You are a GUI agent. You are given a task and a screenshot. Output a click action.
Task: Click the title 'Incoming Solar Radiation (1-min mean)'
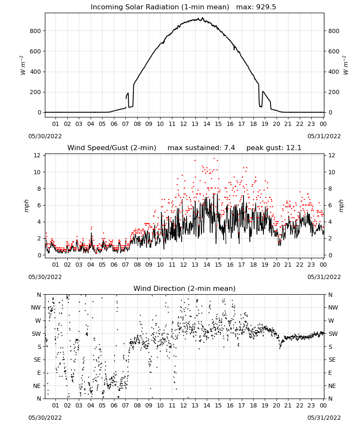pyautogui.click(x=160, y=7)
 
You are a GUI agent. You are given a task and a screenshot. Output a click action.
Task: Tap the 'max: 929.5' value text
pyautogui.click(x=256, y=7)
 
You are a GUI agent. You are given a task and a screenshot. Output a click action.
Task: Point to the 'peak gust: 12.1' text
pyautogui.click(x=274, y=148)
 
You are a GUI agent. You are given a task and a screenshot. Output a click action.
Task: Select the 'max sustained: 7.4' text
pyautogui.click(x=201, y=148)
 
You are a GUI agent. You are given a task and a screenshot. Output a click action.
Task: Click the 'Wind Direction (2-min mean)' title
pyautogui.click(x=185, y=288)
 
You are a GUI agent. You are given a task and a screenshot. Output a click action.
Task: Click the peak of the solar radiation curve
pyautogui.click(x=202, y=18)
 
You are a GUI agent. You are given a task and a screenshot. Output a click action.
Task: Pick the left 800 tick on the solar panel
pyautogui.click(x=36, y=31)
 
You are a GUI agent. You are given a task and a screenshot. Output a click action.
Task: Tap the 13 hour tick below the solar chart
pyautogui.click(x=195, y=124)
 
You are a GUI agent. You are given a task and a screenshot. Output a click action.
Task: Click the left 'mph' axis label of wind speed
pyautogui.click(x=26, y=206)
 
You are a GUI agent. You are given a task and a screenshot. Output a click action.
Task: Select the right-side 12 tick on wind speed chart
pyautogui.click(x=332, y=155)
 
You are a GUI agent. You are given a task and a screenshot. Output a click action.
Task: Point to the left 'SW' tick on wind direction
pyautogui.click(x=36, y=334)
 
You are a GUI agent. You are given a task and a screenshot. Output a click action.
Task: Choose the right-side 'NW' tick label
pyautogui.click(x=333, y=307)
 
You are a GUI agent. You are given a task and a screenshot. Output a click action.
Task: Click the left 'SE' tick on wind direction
pyautogui.click(x=37, y=360)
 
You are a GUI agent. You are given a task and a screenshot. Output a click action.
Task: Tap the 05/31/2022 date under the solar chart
pyautogui.click(x=324, y=136)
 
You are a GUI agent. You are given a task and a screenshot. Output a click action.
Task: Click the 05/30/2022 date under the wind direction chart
pyautogui.click(x=45, y=418)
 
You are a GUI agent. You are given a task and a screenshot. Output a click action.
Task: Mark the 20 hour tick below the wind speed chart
pyautogui.click(x=276, y=265)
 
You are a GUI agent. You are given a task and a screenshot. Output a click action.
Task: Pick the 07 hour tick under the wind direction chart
pyautogui.click(x=125, y=405)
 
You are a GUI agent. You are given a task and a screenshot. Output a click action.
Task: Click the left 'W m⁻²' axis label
pyautogui.click(x=22, y=65)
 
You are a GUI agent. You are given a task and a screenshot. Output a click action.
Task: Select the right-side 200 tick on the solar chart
pyautogui.click(x=334, y=92)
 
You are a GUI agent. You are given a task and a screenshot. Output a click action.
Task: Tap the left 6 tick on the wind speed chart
pyautogui.click(x=39, y=205)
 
